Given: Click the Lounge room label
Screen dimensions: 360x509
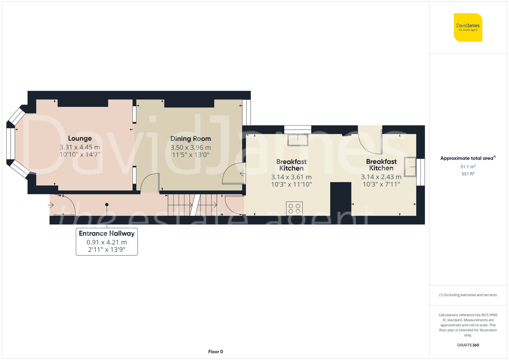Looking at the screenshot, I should (x=80, y=138).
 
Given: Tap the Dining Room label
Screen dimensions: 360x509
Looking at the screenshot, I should (x=190, y=139).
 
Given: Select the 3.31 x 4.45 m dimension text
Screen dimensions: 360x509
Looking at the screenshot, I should (x=80, y=147).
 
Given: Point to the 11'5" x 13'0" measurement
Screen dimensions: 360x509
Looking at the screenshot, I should (x=190, y=155).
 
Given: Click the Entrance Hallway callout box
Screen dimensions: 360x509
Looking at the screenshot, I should (x=107, y=241).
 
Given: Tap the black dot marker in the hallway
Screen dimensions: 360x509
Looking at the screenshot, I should (x=107, y=205).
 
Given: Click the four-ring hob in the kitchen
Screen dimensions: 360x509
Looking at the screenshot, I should (x=294, y=208).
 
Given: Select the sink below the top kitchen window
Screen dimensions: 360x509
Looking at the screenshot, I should (x=298, y=140).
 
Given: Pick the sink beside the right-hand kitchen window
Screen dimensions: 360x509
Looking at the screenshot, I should (x=410, y=167).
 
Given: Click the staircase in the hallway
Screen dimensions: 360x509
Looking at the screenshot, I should (x=192, y=205).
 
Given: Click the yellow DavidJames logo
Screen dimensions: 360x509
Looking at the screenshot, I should (x=468, y=27).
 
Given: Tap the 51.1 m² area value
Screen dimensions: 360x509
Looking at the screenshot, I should (x=468, y=167).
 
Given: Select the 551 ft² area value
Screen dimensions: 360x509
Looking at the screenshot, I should (x=468, y=174).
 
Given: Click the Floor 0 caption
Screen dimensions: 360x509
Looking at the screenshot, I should (x=215, y=352).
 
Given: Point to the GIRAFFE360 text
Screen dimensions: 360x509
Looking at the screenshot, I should (x=468, y=345).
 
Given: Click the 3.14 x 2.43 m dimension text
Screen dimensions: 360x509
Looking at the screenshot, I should (x=381, y=177).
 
